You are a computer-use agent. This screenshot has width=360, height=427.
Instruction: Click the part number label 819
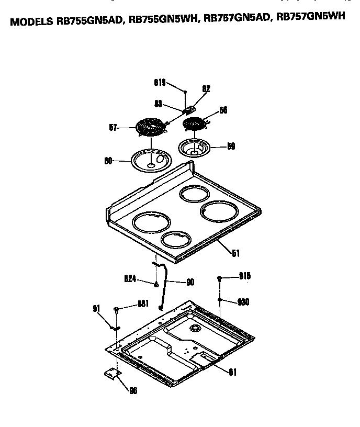click(160, 83)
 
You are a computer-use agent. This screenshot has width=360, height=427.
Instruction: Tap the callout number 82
click(206, 89)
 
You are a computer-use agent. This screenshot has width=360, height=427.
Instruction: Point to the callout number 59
click(231, 147)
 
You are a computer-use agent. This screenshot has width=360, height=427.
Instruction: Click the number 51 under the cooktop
click(235, 253)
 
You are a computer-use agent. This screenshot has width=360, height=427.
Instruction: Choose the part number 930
click(243, 302)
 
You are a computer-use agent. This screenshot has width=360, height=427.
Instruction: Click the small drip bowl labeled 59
click(195, 148)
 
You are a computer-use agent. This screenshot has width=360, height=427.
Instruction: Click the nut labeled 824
click(156, 284)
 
